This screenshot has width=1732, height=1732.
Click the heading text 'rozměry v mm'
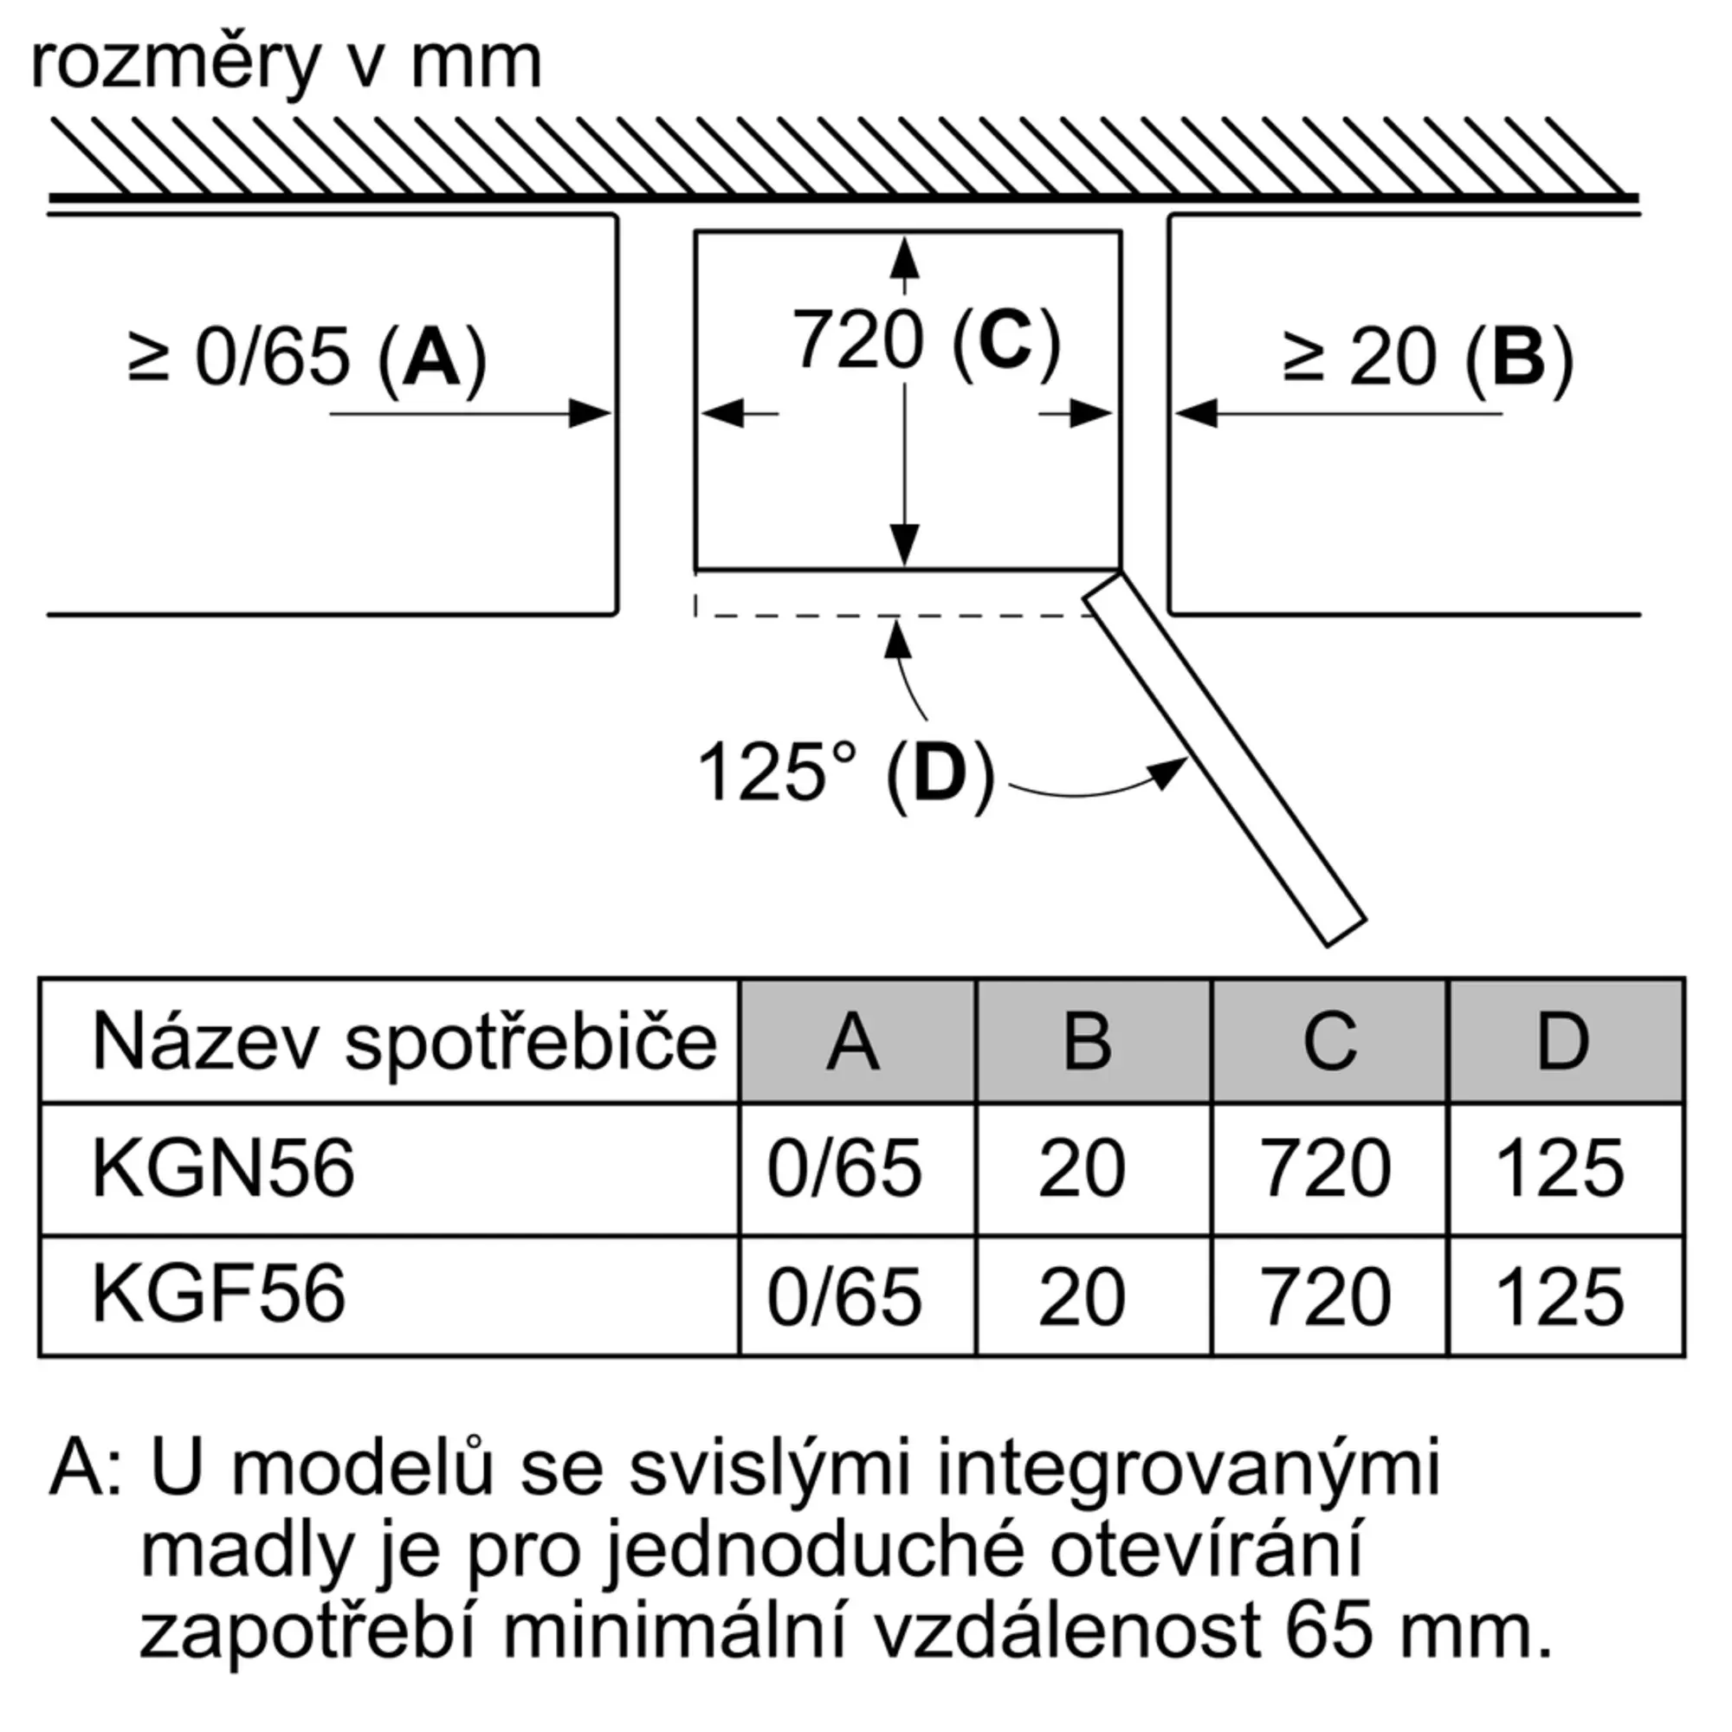[x=286, y=65]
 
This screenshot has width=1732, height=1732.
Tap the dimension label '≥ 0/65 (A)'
[x=307, y=359]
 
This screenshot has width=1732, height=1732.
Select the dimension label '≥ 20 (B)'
[x=1428, y=359]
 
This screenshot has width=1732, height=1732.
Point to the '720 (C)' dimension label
[x=926, y=340]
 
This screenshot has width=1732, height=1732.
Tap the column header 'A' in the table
[x=854, y=1042]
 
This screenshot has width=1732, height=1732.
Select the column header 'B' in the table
[x=1088, y=1042]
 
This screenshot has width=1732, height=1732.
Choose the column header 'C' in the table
[x=1329, y=1042]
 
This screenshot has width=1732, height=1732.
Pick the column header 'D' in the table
[x=1563, y=1042]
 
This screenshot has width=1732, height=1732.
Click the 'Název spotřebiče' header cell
[x=404, y=1042]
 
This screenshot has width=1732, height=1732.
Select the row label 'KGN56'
[x=223, y=1169]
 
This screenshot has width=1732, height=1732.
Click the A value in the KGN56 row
[x=844, y=1169]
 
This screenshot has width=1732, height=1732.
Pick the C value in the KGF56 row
[x=1327, y=1297]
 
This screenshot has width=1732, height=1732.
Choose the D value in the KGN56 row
[x=1560, y=1169]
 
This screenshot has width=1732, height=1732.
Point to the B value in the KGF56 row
[x=1082, y=1297]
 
